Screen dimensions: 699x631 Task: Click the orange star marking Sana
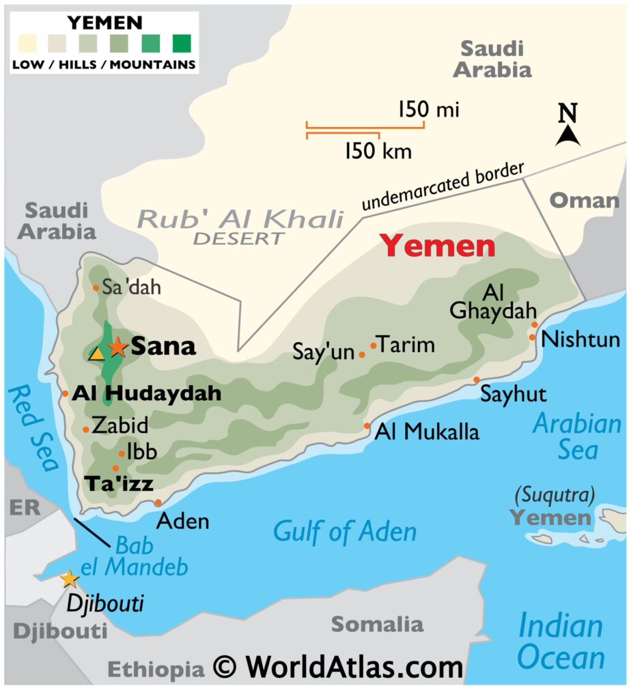[117, 347]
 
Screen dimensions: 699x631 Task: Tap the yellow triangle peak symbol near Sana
[97, 354]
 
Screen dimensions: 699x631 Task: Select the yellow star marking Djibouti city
[69, 580]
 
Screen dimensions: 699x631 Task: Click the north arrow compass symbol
[567, 126]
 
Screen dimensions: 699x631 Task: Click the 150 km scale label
[378, 150]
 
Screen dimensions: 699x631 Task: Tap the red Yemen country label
[438, 246]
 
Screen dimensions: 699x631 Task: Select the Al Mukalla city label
[426, 431]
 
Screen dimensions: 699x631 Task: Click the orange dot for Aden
[158, 502]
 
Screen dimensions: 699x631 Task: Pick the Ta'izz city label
[118, 484]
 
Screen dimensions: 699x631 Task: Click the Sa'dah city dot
[96, 287]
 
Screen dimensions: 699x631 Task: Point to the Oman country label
[584, 201]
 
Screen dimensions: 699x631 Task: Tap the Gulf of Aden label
[345, 531]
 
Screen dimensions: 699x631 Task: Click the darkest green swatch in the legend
[182, 44]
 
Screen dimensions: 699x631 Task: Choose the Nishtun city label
[580, 339]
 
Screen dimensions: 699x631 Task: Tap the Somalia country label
[377, 623]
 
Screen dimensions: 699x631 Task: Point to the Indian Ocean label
[561, 642]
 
